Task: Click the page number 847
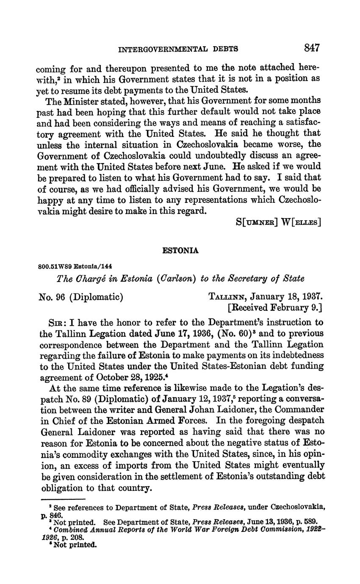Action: coord(312,48)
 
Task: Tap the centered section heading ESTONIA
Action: coord(180,251)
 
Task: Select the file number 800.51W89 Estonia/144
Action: coord(75,266)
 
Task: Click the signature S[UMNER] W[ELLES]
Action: coord(278,221)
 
